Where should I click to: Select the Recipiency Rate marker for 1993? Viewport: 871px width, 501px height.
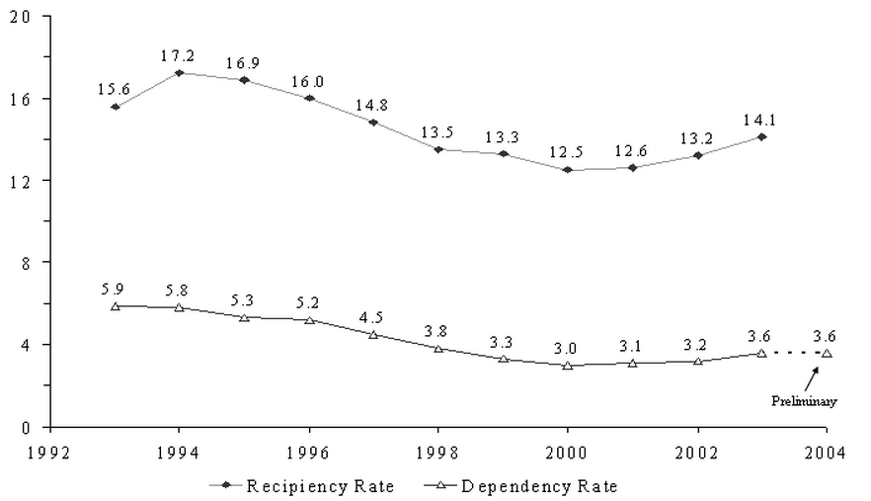[x=116, y=106]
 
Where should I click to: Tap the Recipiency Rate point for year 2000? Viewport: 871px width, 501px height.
[x=567, y=170]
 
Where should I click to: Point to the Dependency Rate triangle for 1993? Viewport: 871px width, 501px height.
[x=116, y=306]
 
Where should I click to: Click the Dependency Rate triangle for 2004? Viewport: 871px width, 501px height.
[x=827, y=353]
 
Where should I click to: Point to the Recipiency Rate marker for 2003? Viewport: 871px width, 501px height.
[x=761, y=136]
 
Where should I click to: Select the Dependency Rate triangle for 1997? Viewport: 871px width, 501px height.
[x=373, y=335]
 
